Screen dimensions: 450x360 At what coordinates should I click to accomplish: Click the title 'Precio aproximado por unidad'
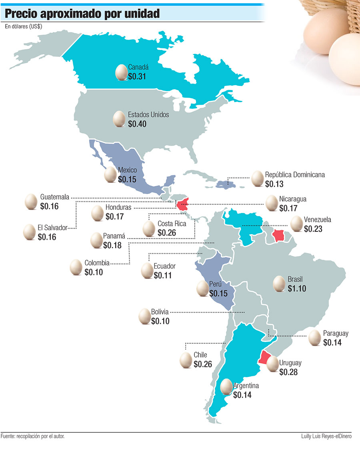pos(82,14)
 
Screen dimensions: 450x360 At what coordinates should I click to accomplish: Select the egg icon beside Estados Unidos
pos(119,119)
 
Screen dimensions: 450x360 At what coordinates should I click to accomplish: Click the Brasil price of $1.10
pos(296,288)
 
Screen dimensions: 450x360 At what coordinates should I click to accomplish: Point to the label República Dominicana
pos(295,175)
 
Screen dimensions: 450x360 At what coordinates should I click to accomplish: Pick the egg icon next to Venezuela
pos(296,224)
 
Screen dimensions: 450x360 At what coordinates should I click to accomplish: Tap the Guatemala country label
pos(55,197)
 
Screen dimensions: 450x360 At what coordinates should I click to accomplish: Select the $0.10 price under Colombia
pos(94,272)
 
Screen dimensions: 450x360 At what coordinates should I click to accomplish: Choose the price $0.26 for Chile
pos(202,364)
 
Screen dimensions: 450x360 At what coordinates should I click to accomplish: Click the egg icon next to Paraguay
pos(315,338)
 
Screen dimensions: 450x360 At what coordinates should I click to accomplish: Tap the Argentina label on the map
pos(246,386)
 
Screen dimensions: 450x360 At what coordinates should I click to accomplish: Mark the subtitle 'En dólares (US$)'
pos(24,27)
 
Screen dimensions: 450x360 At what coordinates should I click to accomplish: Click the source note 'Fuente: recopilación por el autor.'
pos(33,436)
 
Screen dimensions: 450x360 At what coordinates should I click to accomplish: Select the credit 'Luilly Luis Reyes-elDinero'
pos(326,436)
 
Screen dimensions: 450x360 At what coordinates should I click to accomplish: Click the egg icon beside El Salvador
pos(29,232)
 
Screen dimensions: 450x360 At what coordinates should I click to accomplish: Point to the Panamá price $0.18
pos(112,245)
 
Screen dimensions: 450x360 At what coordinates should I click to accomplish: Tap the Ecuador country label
pos(164,266)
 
